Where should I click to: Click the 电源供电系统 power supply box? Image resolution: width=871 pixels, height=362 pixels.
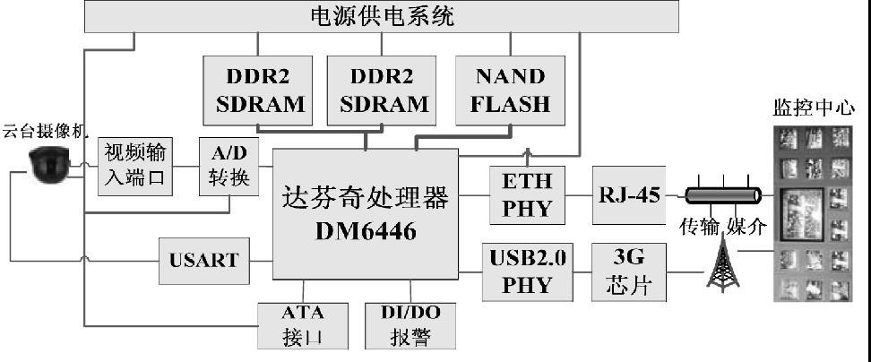click(x=381, y=16)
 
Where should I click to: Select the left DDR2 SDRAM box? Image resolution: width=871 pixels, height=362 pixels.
click(x=259, y=90)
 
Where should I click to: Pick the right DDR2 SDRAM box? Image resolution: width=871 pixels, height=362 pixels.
click(x=382, y=90)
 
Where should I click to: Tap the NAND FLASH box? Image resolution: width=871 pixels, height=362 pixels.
click(x=510, y=90)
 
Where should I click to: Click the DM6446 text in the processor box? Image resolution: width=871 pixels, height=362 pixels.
click(x=365, y=229)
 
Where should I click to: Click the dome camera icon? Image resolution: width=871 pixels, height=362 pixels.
click(x=48, y=166)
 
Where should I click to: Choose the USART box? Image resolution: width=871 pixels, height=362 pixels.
click(x=204, y=260)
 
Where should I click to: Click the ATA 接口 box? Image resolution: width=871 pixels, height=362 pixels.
click(x=302, y=325)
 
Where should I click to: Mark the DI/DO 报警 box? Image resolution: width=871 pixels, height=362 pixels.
click(x=410, y=325)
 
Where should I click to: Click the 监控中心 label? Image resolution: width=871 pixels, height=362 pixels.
click(x=808, y=108)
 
